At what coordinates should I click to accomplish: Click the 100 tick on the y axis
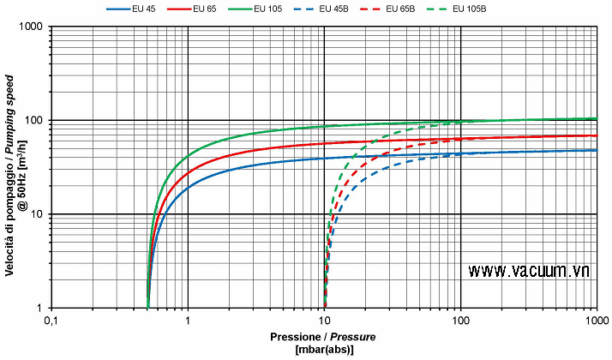[36, 121]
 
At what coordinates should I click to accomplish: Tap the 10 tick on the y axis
[39, 214]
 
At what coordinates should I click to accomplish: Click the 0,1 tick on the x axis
[51, 321]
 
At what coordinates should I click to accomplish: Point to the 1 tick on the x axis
[188, 321]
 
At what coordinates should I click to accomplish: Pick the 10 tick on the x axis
[324, 321]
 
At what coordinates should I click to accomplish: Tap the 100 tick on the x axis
[460, 321]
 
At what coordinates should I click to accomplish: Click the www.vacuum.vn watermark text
[530, 271]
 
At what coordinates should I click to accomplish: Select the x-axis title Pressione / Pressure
[323, 337]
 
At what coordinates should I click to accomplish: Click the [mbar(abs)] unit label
[323, 350]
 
